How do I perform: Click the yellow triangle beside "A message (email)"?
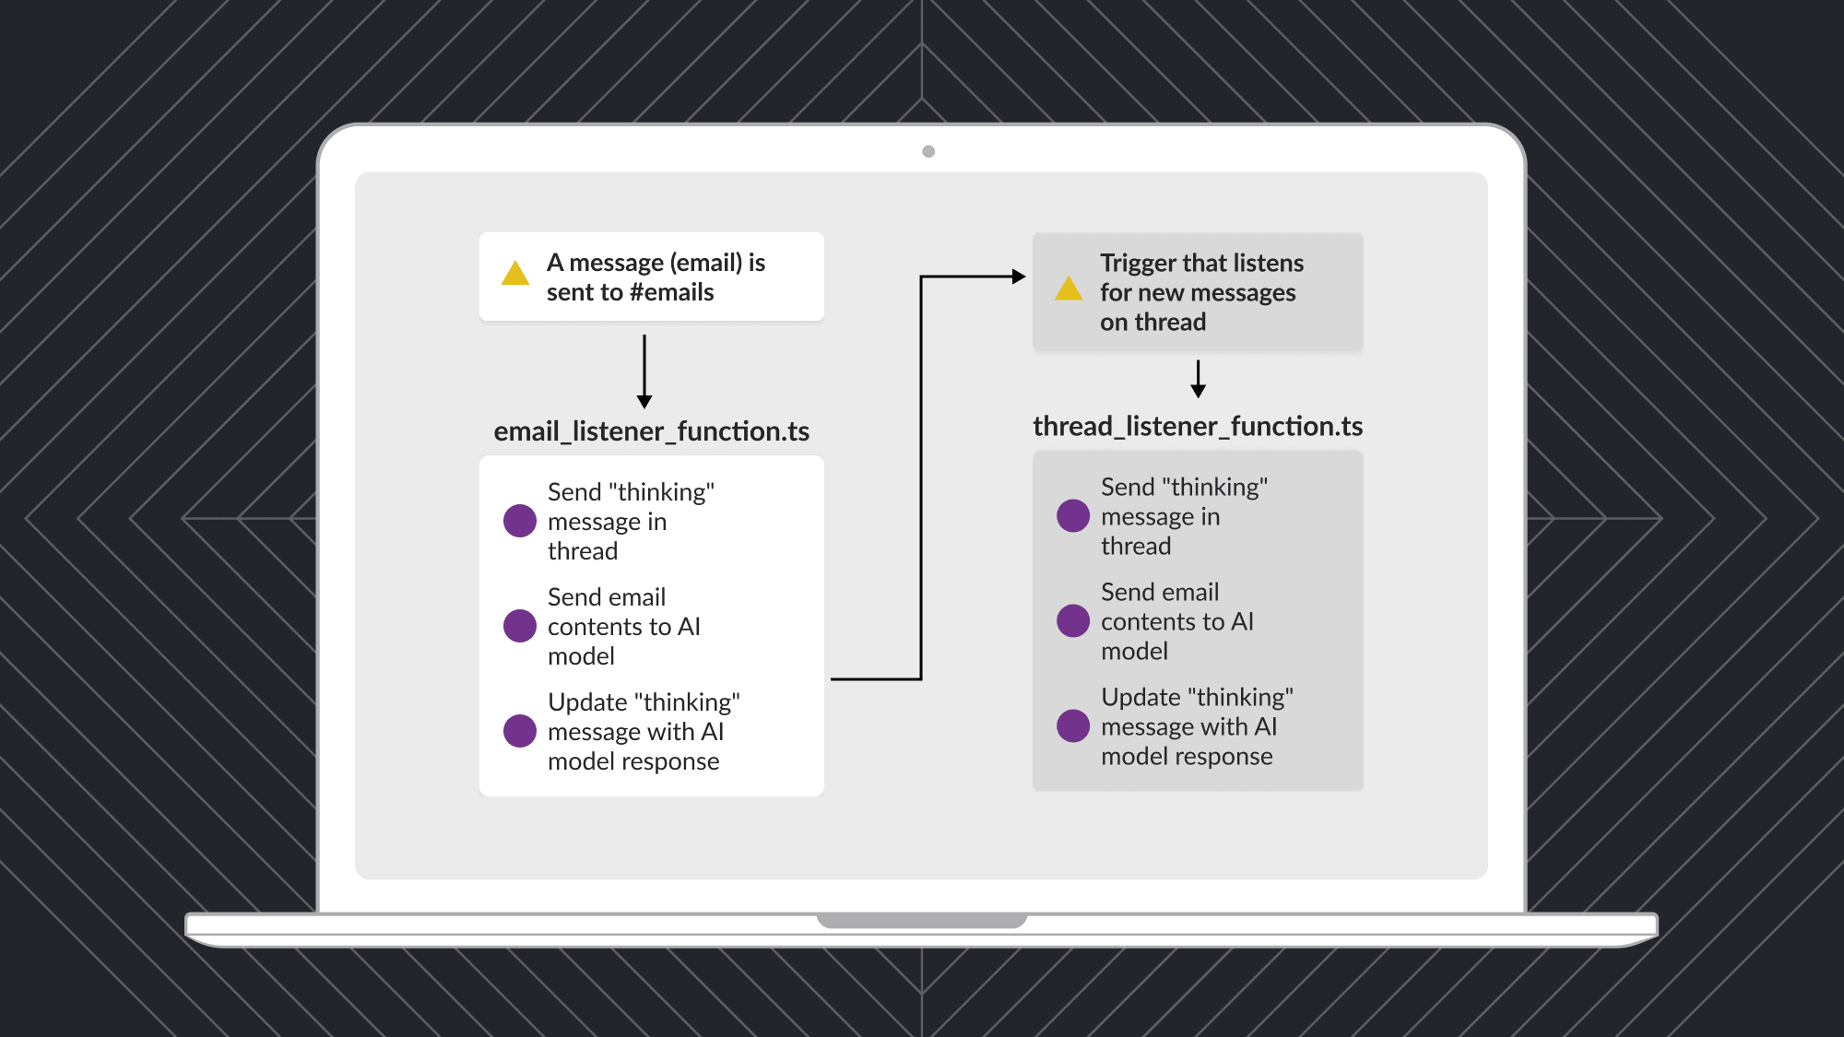pos(515,274)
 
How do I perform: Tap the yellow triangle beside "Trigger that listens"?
pos(1069,289)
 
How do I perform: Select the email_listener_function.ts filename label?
pos(651,431)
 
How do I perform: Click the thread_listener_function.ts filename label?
pos(1198,426)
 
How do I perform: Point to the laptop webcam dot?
pos(928,151)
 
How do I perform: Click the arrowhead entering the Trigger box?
pos(1019,277)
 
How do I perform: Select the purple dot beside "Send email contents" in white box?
pos(520,626)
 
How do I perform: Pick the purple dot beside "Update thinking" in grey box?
pos(1073,725)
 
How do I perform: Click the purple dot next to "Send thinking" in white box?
pos(520,521)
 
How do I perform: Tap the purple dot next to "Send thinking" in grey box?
pos(1073,516)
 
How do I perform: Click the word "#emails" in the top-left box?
pos(672,292)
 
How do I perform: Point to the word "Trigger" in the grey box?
pos(1139,264)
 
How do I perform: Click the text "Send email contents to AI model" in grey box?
pos(1176,621)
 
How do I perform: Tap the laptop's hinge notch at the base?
pos(921,921)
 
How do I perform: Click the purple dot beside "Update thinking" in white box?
pos(520,731)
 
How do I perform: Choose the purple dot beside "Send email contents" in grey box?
pos(1073,620)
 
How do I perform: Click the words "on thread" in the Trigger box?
pos(1152,323)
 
